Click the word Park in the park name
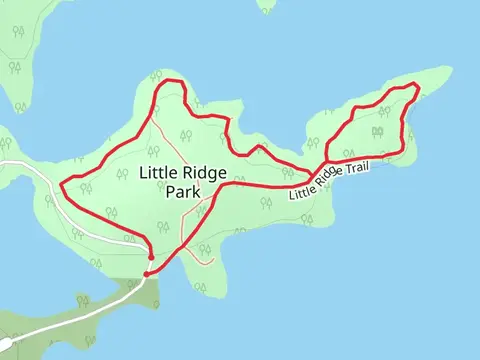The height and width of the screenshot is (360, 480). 183,190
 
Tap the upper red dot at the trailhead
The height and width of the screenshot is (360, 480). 151,257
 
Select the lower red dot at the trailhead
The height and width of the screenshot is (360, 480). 147,273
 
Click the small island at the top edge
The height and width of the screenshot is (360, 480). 265,5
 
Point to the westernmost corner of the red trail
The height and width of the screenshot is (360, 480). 63,182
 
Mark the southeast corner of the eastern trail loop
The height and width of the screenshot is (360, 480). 402,150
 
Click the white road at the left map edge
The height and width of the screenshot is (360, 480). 5,160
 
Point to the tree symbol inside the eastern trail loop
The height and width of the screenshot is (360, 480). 383,112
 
